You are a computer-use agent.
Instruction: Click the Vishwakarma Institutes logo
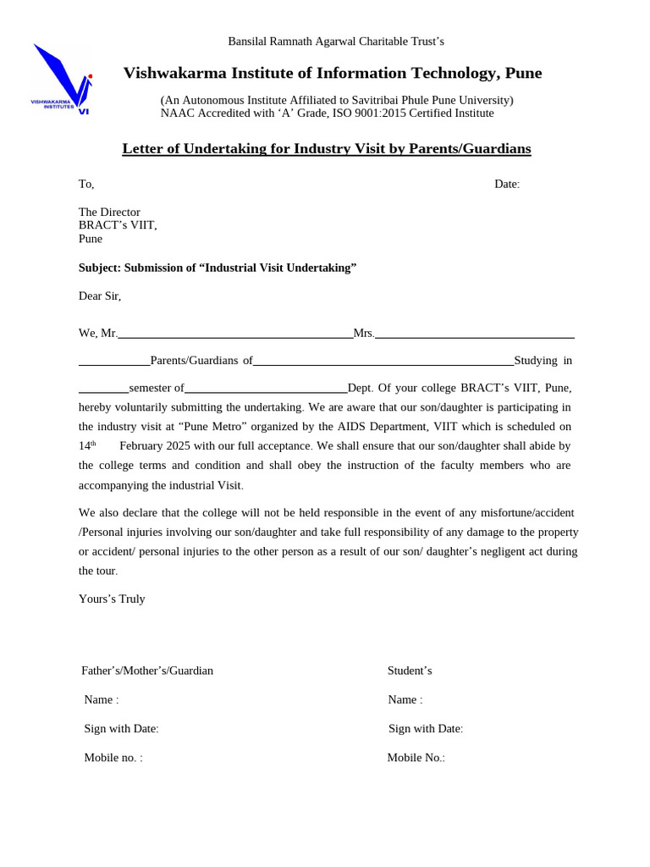(x=62, y=79)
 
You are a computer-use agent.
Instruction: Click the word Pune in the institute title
(x=524, y=74)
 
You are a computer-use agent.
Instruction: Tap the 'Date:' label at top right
(x=507, y=185)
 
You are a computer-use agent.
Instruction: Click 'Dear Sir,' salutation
(x=100, y=296)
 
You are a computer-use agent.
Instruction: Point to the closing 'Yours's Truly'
(x=112, y=599)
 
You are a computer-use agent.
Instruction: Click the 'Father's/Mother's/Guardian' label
(x=147, y=671)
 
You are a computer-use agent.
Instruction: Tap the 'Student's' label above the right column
(x=410, y=671)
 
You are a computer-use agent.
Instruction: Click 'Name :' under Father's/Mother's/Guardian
(x=101, y=700)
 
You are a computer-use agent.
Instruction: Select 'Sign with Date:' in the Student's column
(x=426, y=729)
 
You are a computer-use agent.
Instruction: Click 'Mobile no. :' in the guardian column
(x=113, y=758)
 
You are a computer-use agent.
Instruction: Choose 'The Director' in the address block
(x=109, y=213)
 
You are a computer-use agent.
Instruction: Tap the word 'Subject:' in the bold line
(x=100, y=268)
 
